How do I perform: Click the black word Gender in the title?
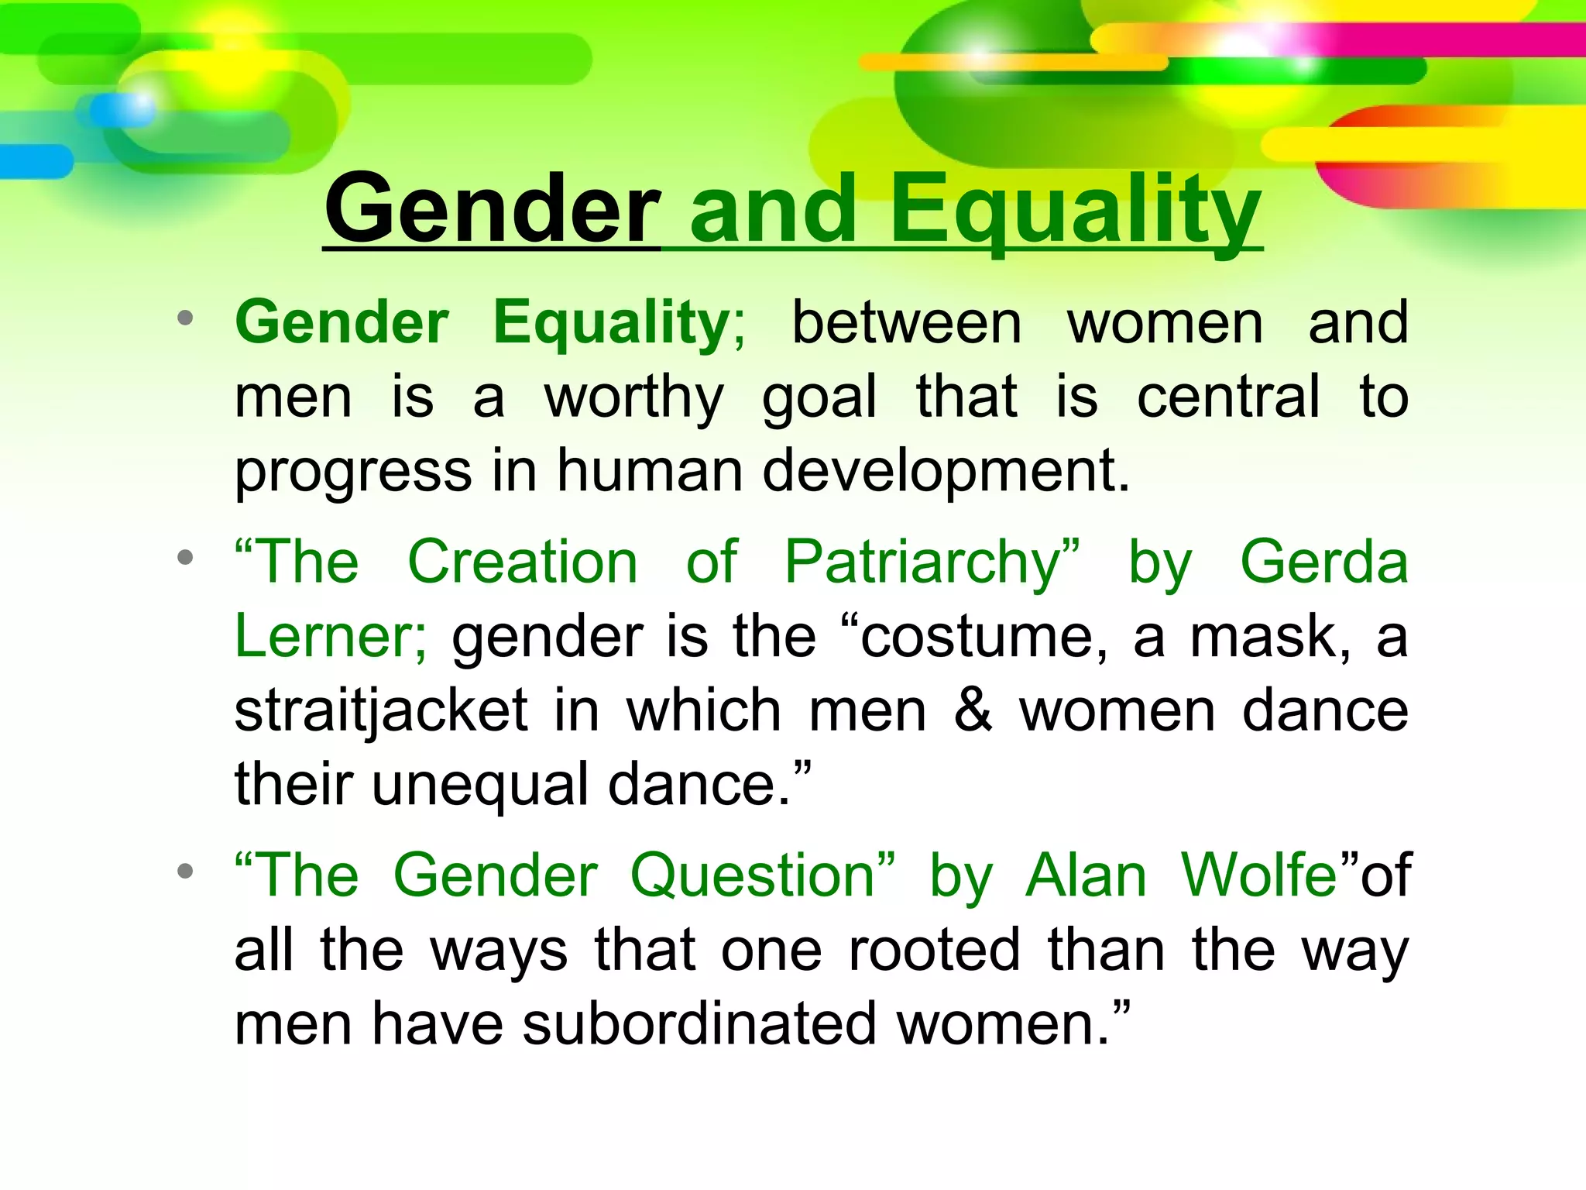point(493,208)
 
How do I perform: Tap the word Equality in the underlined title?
point(1076,208)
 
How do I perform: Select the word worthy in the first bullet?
point(634,397)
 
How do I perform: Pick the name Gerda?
point(1323,562)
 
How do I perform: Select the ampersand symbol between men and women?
point(973,710)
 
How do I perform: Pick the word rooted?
point(934,950)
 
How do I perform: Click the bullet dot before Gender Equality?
point(184,318)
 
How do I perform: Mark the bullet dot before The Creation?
point(184,558)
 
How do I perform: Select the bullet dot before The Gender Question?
point(184,872)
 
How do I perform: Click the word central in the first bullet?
point(1228,397)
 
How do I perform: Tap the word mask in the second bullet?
point(1270,636)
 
